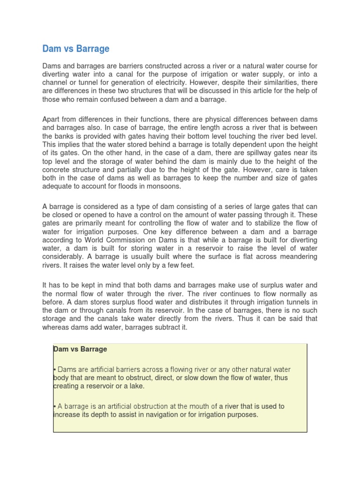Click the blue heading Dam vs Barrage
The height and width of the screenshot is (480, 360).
76,49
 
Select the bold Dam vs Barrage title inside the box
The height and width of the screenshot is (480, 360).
80,349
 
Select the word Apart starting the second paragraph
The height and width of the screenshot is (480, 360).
52,120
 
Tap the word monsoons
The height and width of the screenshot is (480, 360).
164,187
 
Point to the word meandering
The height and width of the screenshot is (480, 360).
294,257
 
